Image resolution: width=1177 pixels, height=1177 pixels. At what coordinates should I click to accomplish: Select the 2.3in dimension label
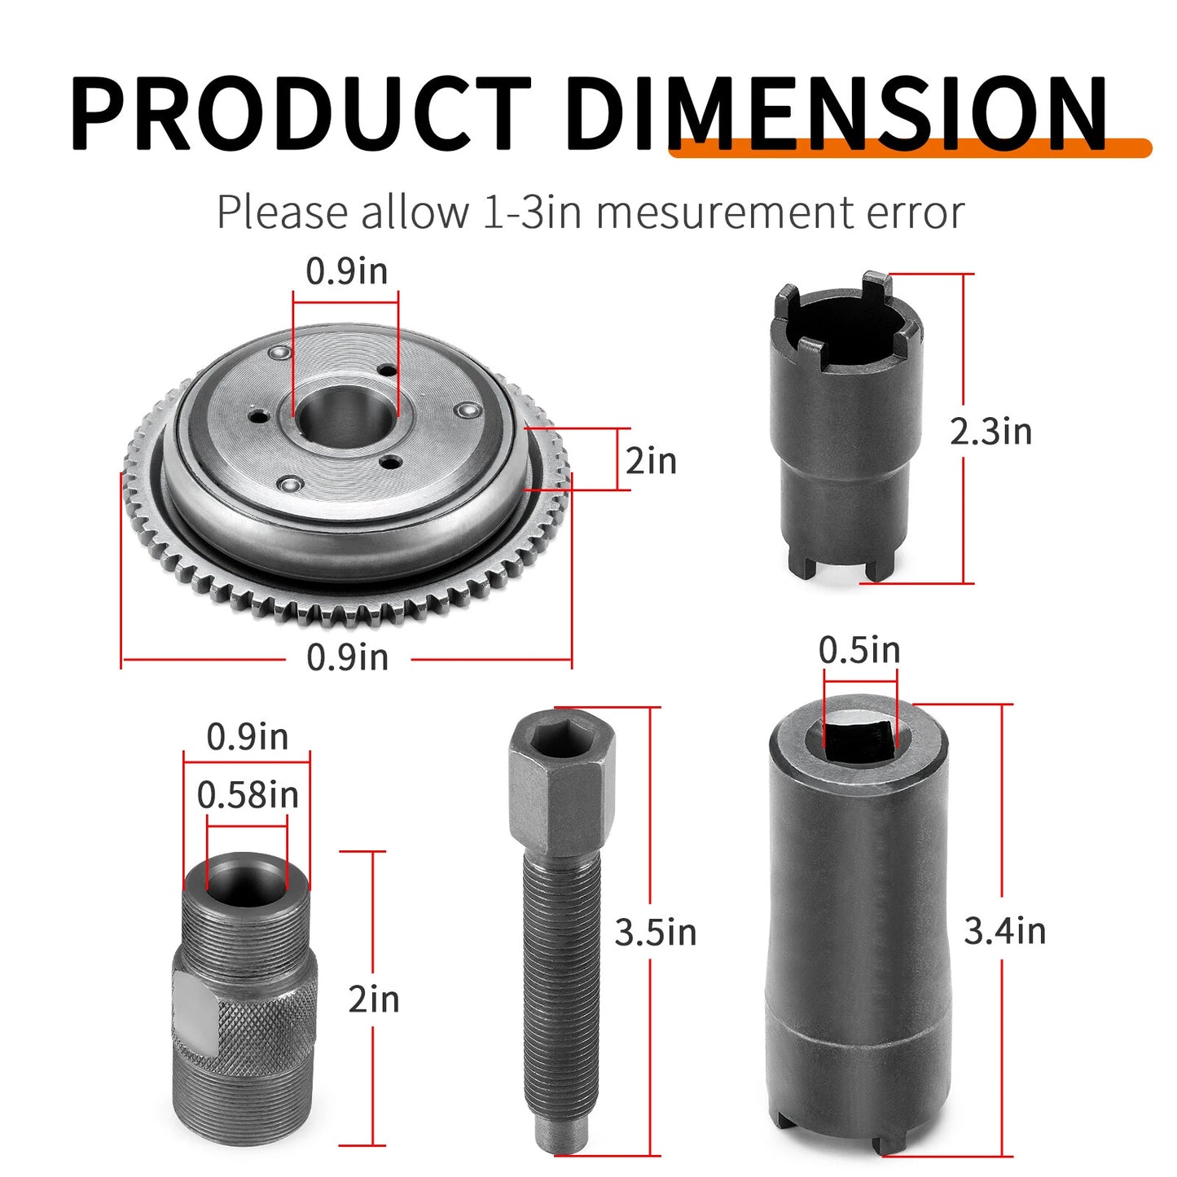[x=990, y=431]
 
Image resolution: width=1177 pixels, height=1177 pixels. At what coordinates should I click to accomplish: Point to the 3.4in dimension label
[x=1004, y=931]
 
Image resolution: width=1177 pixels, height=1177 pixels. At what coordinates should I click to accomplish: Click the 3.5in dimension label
[x=656, y=933]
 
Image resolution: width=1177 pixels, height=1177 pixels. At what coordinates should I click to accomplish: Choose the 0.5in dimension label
[x=859, y=650]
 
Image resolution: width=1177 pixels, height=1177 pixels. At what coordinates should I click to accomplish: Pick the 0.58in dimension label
[x=248, y=795]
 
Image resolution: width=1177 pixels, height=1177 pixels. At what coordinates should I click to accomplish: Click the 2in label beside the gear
[x=651, y=461]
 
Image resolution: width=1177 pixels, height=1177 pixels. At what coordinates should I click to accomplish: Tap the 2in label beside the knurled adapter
[x=373, y=999]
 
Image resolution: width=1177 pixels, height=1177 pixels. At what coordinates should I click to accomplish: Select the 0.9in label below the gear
[x=347, y=657]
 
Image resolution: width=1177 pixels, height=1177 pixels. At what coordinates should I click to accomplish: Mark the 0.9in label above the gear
[x=347, y=271]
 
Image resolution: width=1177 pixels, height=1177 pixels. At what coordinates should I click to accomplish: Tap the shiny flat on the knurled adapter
[x=196, y=1015]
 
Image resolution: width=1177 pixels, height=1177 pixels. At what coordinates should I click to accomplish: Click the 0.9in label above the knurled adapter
[x=247, y=737]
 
